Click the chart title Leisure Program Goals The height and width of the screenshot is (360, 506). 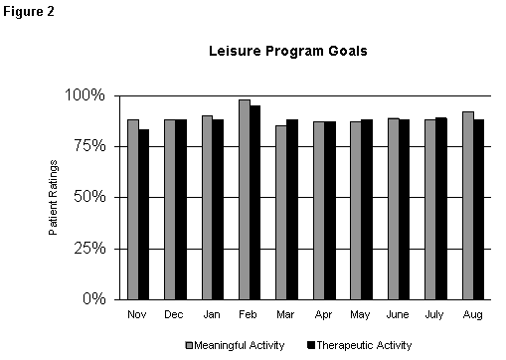pyautogui.click(x=287, y=50)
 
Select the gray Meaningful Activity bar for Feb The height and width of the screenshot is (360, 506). pyautogui.click(x=244, y=199)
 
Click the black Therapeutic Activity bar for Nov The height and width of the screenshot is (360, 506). pyautogui.click(x=144, y=214)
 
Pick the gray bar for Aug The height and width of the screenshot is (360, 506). pyautogui.click(x=468, y=205)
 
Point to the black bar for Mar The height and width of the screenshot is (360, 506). pyautogui.click(x=292, y=209)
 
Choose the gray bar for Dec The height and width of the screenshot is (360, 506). pyautogui.click(x=170, y=209)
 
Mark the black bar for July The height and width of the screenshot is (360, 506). pyautogui.click(x=440, y=208)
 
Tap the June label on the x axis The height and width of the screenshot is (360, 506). pyautogui.click(x=399, y=315)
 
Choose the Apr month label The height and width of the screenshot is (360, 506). pyautogui.click(x=324, y=315)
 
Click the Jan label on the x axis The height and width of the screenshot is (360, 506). pyautogui.click(x=213, y=315)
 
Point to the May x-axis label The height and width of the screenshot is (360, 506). pyautogui.click(x=361, y=315)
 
